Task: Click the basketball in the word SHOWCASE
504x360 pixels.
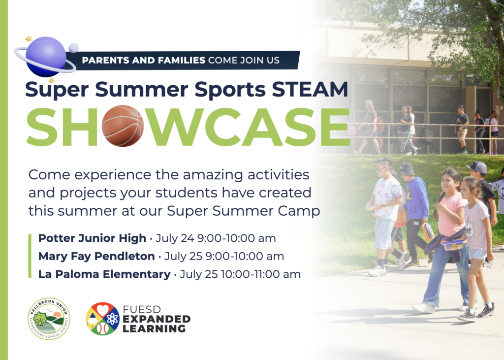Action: [x=123, y=126]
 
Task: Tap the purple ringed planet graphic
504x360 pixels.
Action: [x=45, y=57]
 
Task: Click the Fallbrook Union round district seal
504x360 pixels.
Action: [x=49, y=319]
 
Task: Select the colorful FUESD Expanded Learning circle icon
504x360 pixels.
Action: [x=102, y=319]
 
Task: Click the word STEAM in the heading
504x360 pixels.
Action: [x=310, y=89]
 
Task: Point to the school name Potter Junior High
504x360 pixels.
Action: [x=92, y=238]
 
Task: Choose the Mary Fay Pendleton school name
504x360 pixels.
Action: [x=96, y=257]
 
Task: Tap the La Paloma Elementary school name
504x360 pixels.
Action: [x=104, y=274]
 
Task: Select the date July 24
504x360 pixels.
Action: [x=175, y=238]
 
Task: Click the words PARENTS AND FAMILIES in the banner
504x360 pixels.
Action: [x=143, y=60]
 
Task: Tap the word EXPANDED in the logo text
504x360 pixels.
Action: [x=157, y=319]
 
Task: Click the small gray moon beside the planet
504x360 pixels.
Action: [x=74, y=48]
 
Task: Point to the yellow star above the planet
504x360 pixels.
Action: [x=29, y=39]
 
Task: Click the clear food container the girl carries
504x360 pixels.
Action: [x=453, y=245]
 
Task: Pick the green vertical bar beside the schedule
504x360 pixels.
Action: [x=30, y=256]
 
